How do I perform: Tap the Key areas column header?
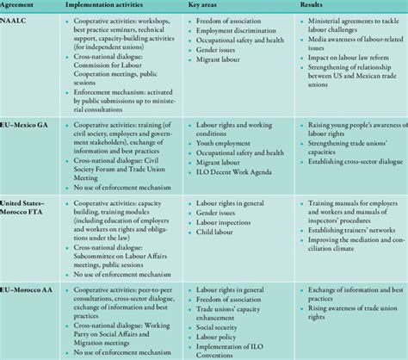point(213,6)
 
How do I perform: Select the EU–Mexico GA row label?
point(30,121)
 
